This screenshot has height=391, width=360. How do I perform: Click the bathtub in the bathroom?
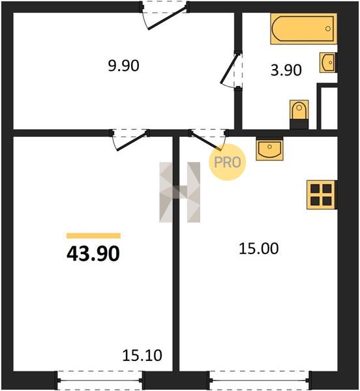coord(304,29)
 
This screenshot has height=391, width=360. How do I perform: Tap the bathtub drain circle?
coord(328,29)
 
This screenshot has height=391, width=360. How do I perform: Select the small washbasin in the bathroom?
coord(328,63)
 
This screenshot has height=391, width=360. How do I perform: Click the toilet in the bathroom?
coord(299,115)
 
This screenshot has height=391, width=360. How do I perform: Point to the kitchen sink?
coord(269,149)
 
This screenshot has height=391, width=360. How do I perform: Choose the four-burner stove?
coord(322,194)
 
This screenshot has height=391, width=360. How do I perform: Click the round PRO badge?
coord(227,162)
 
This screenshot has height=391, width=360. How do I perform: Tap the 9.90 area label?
coord(123,66)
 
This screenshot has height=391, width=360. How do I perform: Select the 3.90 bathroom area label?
coord(286,70)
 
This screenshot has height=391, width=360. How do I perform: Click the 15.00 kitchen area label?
coord(259,249)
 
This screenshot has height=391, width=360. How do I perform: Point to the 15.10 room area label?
coord(142,355)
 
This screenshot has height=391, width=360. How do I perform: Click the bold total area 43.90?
coord(93,254)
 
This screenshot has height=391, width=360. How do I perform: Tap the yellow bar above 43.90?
coord(93,236)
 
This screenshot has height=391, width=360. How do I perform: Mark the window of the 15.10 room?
coord(100,381)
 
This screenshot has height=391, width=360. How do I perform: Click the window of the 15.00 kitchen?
coord(260,381)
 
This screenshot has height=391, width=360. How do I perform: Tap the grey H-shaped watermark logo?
coord(179,192)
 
